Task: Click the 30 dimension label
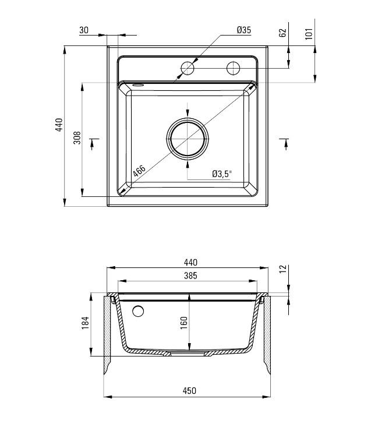84,30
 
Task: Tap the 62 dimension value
283,33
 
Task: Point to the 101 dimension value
309,33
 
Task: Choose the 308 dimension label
76,139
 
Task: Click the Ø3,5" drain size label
222,174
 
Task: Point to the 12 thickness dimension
283,269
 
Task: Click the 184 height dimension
85,323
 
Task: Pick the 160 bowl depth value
183,322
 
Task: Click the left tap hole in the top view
188,68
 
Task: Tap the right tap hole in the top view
233,68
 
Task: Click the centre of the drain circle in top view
188,139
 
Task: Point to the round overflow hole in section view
138,311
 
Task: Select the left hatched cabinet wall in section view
108,335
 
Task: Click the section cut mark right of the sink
285,143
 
